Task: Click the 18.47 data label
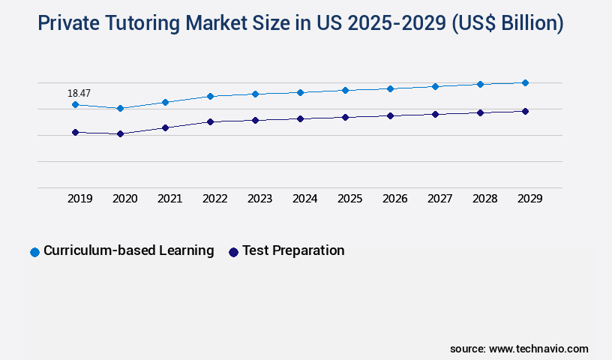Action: pyautogui.click(x=79, y=93)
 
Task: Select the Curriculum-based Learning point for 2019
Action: pyautogui.click(x=75, y=104)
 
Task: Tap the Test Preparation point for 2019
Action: pyautogui.click(x=75, y=132)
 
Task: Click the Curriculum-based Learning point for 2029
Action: pyautogui.click(x=525, y=82)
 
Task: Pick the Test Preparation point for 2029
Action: pyautogui.click(x=525, y=111)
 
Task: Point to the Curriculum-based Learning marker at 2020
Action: pyautogui.click(x=120, y=108)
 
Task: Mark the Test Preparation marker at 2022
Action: pyautogui.click(x=210, y=121)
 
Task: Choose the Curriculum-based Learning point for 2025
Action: pyautogui.click(x=345, y=90)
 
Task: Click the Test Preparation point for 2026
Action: pyautogui.click(x=390, y=115)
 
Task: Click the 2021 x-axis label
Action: pyautogui.click(x=169, y=199)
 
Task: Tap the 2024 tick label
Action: pyautogui.click(x=304, y=199)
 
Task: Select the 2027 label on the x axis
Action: pyautogui.click(x=439, y=199)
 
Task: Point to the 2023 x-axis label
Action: pyautogui.click(x=259, y=199)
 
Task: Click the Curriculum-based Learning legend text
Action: pyautogui.click(x=128, y=250)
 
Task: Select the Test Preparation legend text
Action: pyautogui.click(x=293, y=250)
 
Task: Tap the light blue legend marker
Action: pyautogui.click(x=34, y=252)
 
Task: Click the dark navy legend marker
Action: pyautogui.click(x=233, y=252)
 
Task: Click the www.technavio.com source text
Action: pyautogui.click(x=538, y=349)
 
